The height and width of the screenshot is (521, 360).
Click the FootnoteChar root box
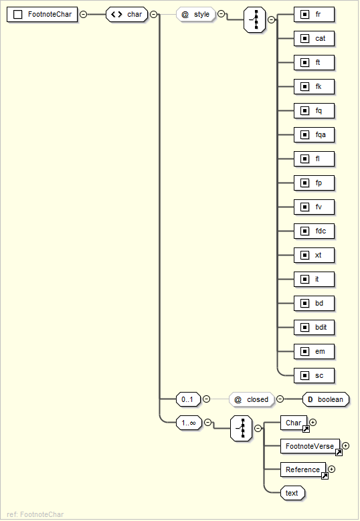coord(42,14)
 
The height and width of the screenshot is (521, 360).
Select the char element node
coord(127,14)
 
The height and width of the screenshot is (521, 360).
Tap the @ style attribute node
coord(195,14)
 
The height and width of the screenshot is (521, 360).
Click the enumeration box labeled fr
coord(314,14)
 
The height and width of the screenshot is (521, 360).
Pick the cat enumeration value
coord(314,38)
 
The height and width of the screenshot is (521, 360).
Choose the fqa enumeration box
coord(314,134)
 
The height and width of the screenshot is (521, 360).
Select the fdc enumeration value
coord(314,231)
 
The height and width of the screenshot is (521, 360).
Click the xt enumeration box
coord(314,255)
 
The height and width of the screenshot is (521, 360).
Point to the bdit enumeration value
coord(314,327)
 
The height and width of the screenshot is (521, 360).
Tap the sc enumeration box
coord(314,375)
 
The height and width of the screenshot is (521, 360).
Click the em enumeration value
coord(314,351)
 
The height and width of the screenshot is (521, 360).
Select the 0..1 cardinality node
coord(188,399)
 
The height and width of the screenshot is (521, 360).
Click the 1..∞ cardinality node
coord(188,423)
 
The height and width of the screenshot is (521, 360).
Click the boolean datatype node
coord(325,399)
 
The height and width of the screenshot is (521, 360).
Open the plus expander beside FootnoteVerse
coord(345,445)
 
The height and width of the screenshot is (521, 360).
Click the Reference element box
coord(303,470)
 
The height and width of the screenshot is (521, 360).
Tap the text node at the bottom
coord(292,493)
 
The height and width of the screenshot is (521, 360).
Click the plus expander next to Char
coord(312,422)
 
